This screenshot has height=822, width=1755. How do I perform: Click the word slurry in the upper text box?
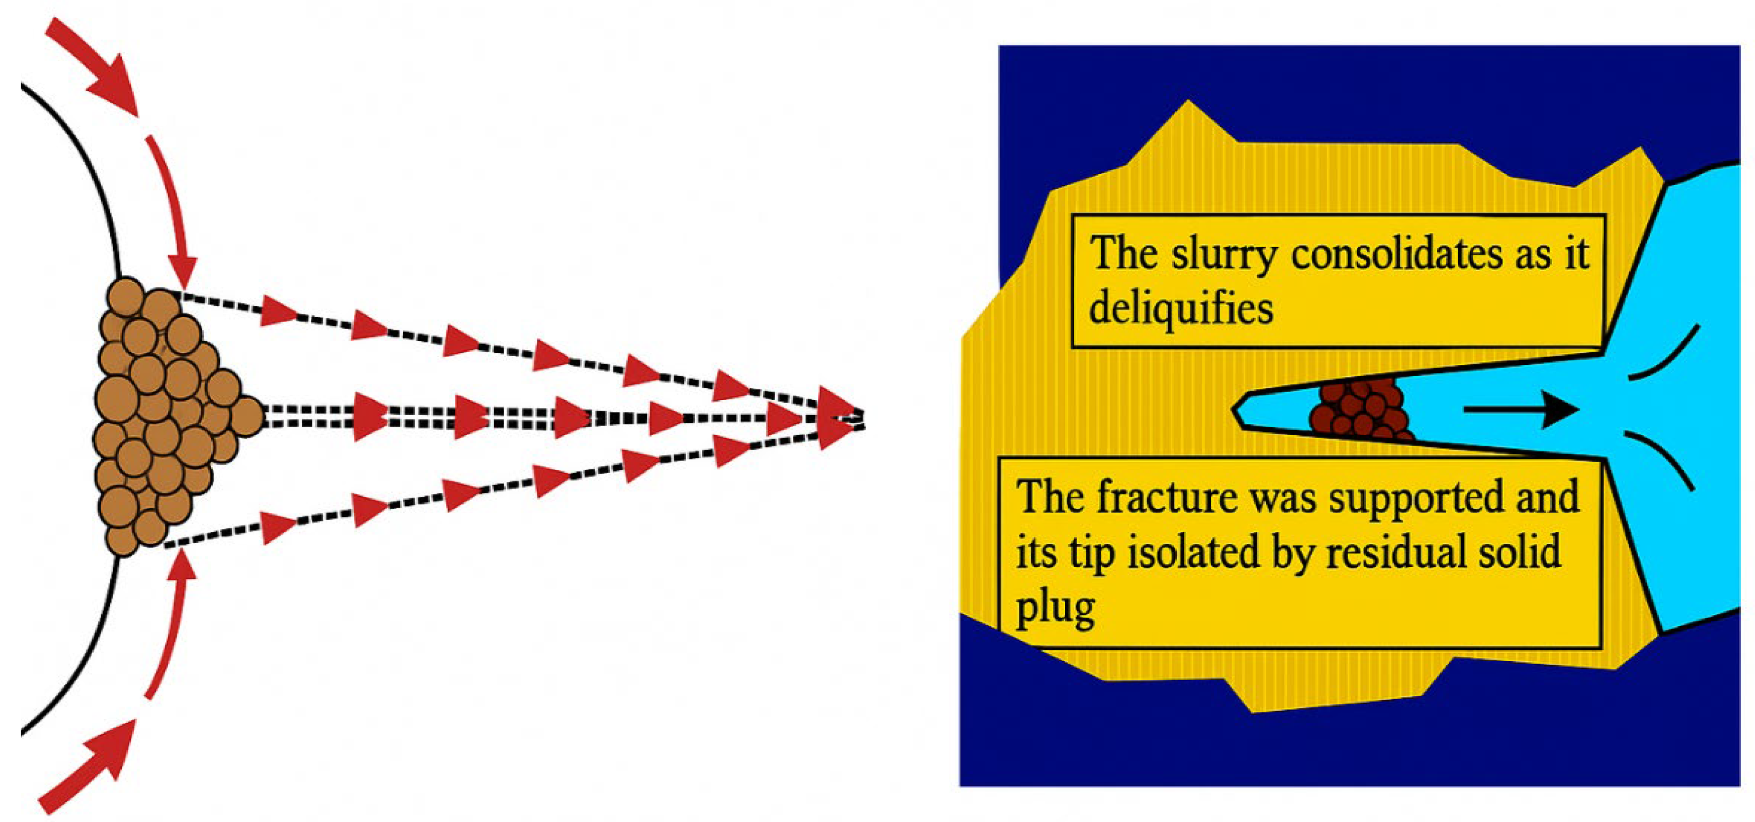tap(1224, 256)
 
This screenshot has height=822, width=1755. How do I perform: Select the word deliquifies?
tap(1181, 308)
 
